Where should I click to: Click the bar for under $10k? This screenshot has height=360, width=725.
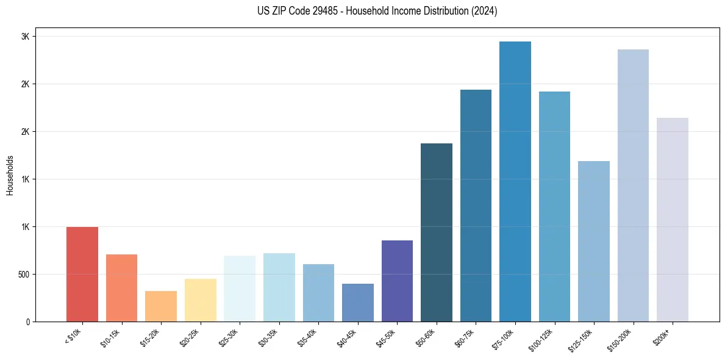click(x=82, y=274)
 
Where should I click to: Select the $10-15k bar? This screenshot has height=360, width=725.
click(x=121, y=288)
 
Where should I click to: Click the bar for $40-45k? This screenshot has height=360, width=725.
click(x=358, y=303)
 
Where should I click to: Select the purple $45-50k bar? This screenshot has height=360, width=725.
click(x=397, y=281)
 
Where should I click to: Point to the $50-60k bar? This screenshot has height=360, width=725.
click(x=437, y=232)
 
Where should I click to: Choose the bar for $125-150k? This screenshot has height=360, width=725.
click(x=594, y=241)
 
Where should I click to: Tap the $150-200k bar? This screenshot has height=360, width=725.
click(x=633, y=185)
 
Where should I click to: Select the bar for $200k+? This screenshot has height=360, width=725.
click(x=673, y=220)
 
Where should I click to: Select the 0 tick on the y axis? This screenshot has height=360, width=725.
click(x=27, y=322)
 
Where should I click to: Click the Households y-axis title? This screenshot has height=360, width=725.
click(x=10, y=175)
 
